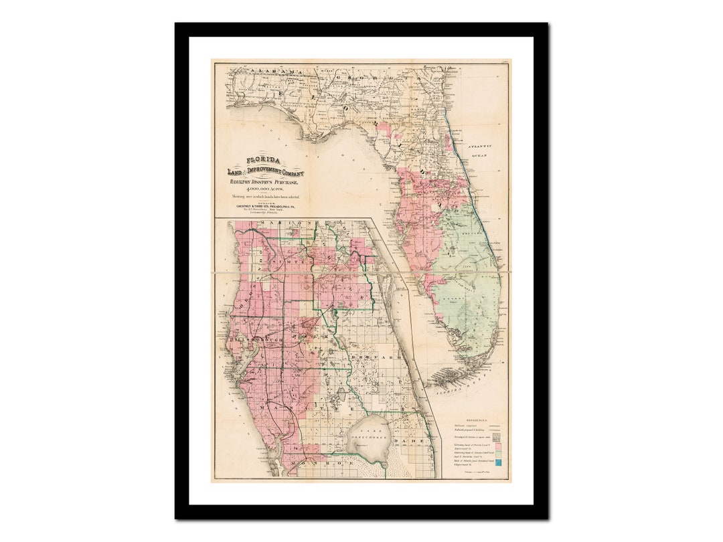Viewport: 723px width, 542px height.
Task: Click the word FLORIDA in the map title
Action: [x=262, y=161]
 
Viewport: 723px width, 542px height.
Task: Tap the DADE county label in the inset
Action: [x=408, y=442]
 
